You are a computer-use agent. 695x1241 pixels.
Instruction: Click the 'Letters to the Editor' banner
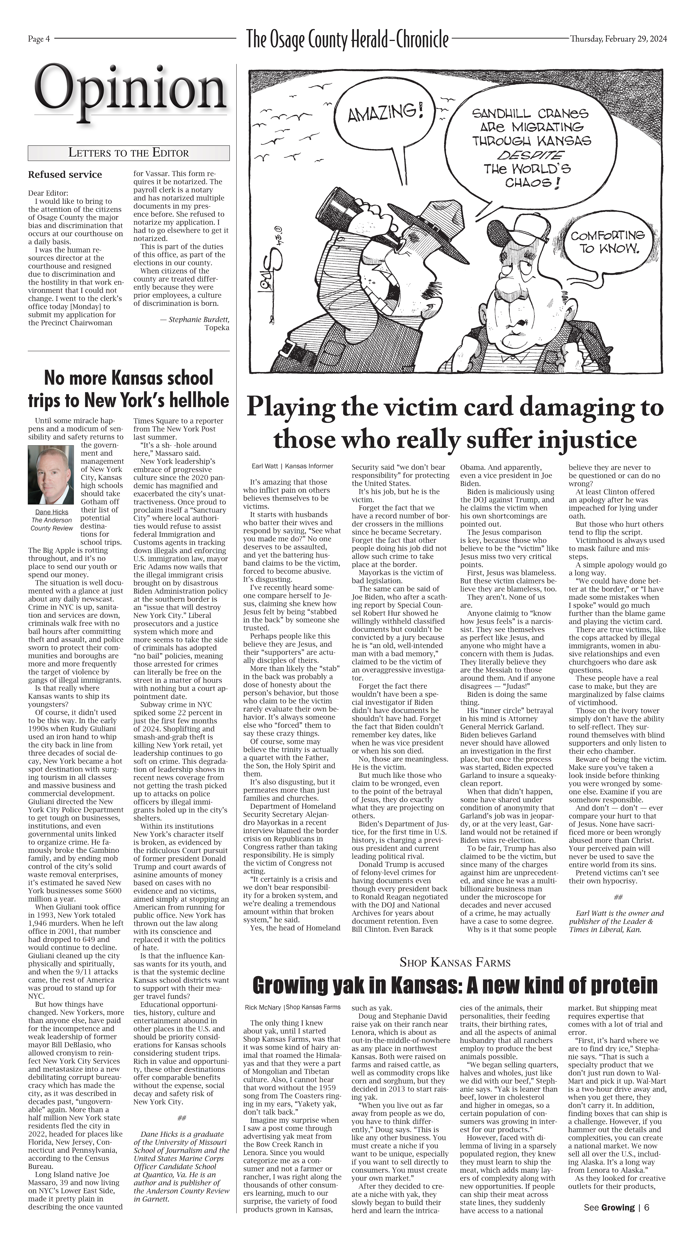(129, 153)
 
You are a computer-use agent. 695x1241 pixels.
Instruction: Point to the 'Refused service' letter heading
(65, 174)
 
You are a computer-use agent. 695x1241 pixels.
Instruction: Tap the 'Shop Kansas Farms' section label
(454, 963)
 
